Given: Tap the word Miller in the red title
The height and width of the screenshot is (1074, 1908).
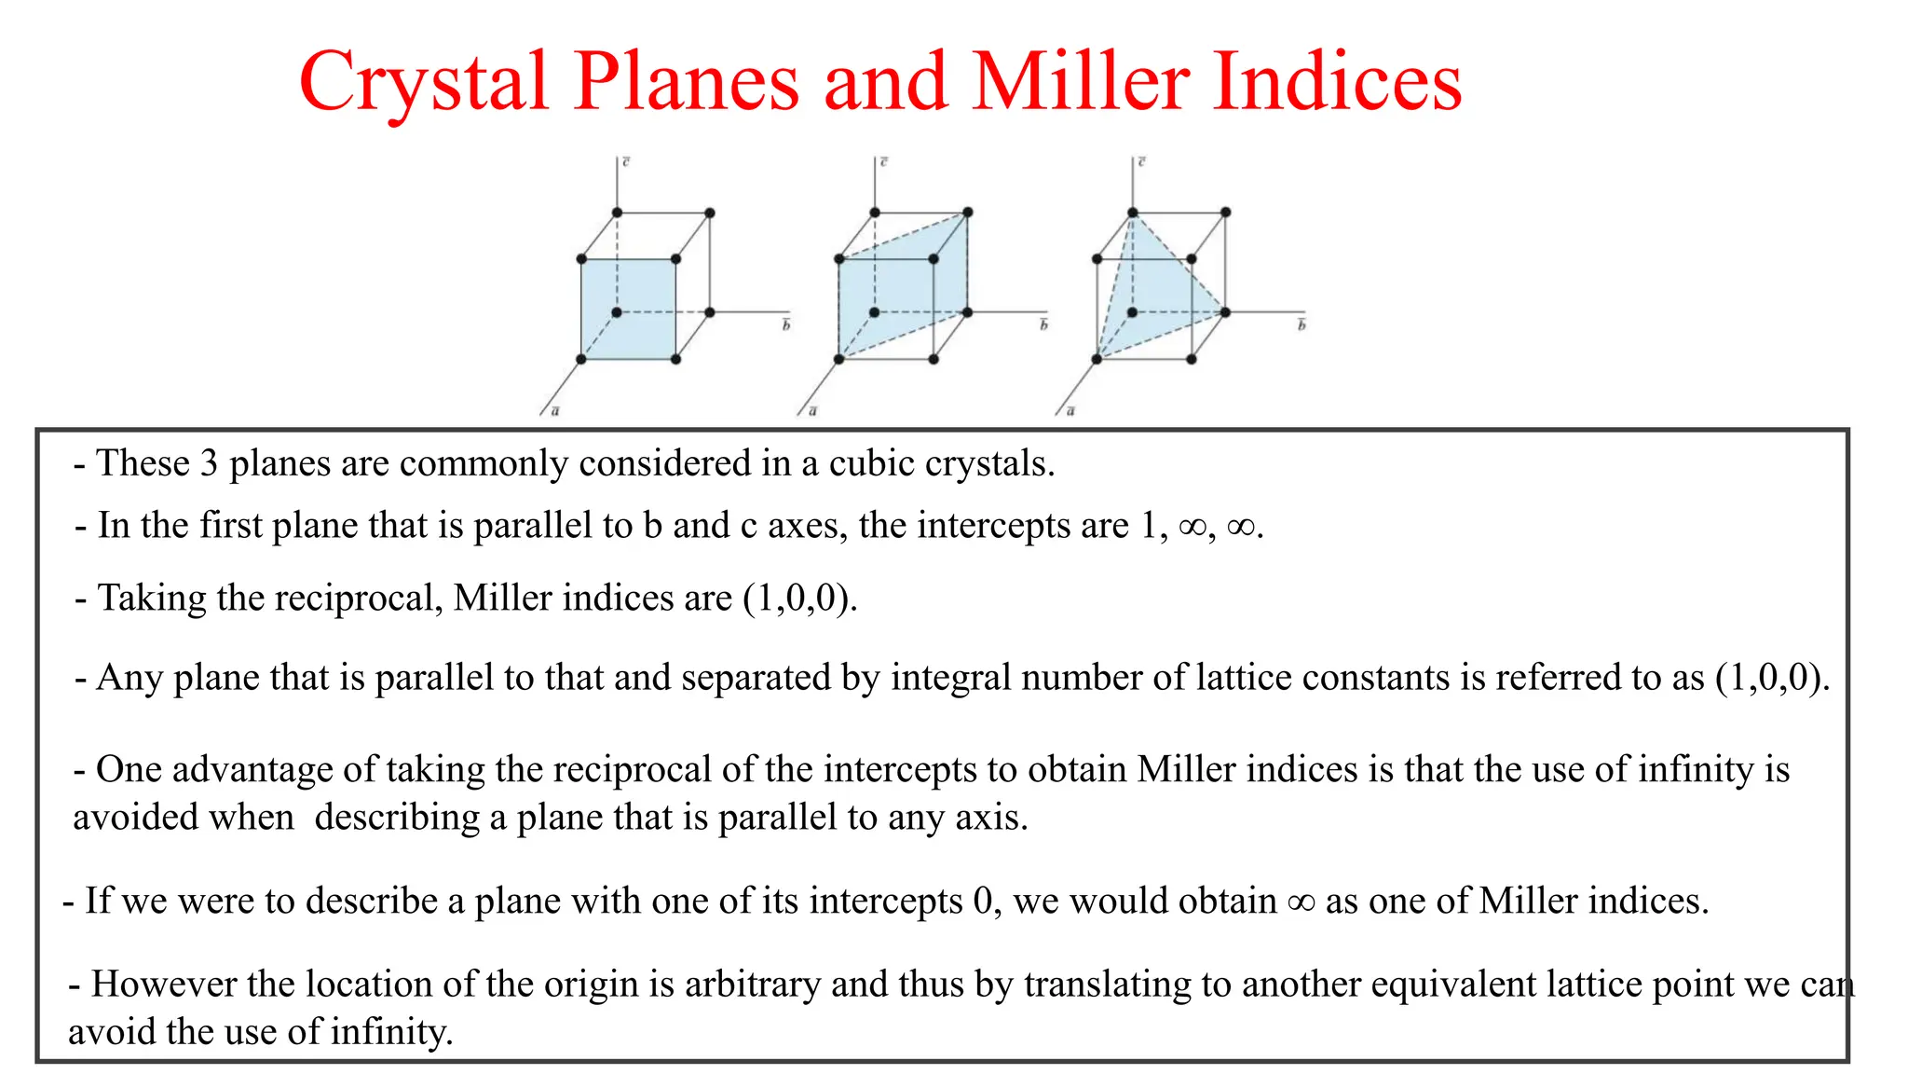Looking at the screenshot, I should coord(1081,82).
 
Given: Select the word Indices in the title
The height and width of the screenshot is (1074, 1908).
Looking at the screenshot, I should coord(1337,82).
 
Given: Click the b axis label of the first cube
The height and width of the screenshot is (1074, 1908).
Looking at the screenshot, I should coord(786,324).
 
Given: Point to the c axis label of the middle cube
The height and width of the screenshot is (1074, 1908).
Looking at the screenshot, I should coord(883,162).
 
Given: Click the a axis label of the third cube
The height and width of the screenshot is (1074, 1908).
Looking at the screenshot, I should coord(1070,410).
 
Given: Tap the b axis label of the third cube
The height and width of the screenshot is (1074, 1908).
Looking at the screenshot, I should coord(1302,324).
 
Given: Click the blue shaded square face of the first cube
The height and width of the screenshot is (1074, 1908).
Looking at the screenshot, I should coord(628,309).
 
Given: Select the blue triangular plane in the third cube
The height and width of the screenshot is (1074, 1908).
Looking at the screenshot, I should coord(1155,298).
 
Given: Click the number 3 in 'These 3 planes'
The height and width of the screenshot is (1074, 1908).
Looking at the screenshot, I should coord(210,463).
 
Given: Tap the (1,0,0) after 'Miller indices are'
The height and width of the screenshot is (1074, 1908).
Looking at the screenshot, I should coord(798,598).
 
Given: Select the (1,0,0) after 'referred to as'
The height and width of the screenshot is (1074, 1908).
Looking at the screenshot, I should coord(1771,678).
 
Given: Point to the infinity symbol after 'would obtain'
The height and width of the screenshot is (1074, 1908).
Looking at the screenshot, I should coord(1301,902).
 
